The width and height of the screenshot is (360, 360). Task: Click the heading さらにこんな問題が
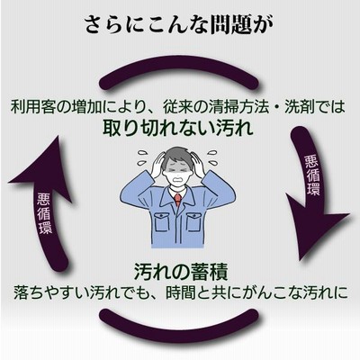[x=179, y=25]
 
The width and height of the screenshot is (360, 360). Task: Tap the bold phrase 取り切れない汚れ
[x=178, y=128]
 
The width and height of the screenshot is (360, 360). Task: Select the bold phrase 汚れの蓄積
[x=181, y=272]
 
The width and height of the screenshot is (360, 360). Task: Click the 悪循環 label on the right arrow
[x=312, y=175]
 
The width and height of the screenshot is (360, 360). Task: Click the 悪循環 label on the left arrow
[x=45, y=212]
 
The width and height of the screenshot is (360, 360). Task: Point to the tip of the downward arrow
[x=301, y=260]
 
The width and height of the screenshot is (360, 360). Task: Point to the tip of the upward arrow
[x=58, y=136]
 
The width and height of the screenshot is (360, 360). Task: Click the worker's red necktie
[x=178, y=200]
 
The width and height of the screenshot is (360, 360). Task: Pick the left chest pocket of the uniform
[x=160, y=222]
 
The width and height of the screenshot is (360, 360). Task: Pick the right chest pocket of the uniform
[x=193, y=222]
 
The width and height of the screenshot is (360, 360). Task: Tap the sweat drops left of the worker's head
[x=143, y=158]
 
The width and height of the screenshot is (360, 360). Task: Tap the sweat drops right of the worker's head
[x=212, y=158]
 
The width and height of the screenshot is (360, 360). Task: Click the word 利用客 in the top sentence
[x=32, y=106]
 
